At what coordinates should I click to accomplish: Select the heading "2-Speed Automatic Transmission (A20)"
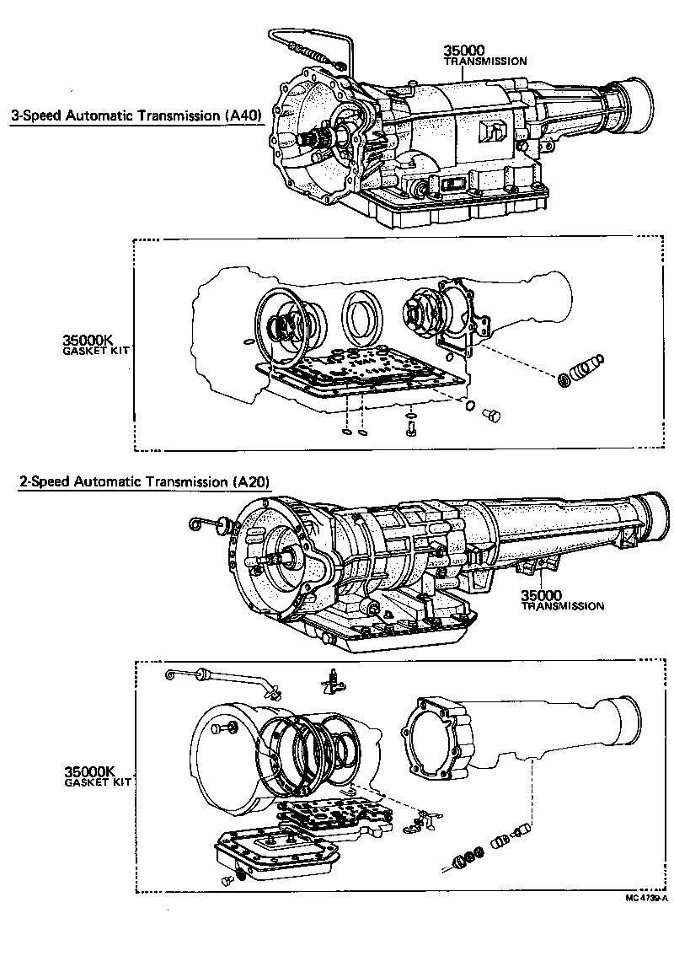point(144,482)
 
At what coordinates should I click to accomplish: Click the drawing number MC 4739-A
point(646,898)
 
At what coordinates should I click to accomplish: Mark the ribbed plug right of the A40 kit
point(582,369)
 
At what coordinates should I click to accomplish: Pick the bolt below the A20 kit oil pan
point(227,880)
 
